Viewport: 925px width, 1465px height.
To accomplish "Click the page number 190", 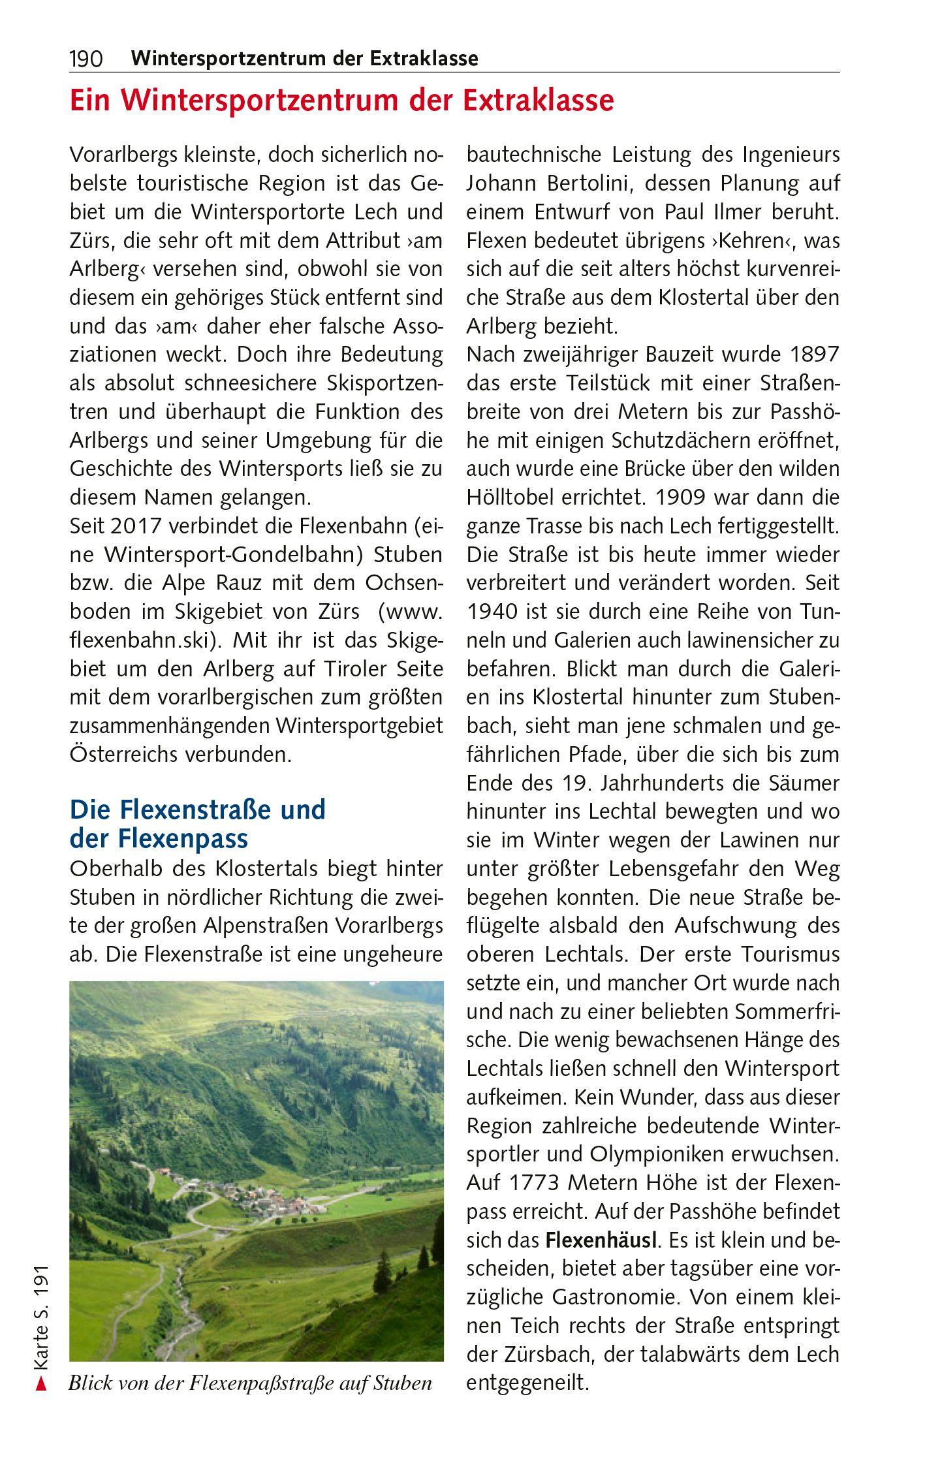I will click(86, 59).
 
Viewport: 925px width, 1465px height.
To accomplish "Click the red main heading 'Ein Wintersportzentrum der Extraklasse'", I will click(341, 101).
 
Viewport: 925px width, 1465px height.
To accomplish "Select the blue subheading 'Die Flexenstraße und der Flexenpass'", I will click(197, 823).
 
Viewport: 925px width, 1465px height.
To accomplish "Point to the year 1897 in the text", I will click(813, 355).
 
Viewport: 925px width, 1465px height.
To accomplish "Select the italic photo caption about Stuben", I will click(250, 1383).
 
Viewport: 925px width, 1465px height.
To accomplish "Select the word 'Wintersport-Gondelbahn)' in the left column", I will click(232, 555).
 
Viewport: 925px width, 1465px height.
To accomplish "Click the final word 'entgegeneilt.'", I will click(527, 1382).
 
